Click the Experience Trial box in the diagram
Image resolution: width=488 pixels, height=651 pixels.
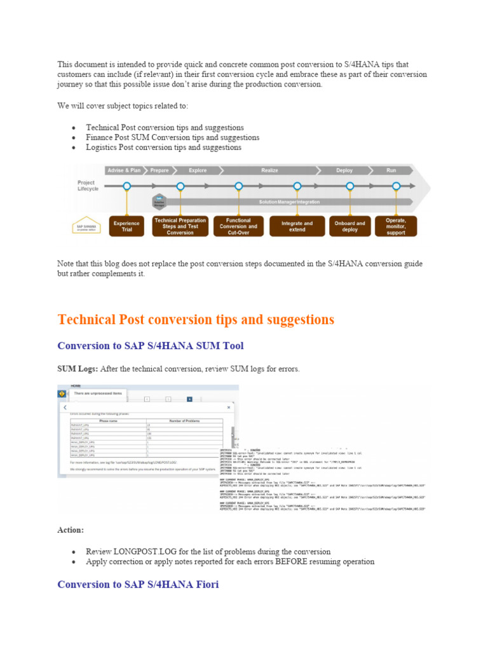click(127, 226)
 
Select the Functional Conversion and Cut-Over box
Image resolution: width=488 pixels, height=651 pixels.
click(238, 226)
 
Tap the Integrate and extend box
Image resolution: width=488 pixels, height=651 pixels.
click(297, 226)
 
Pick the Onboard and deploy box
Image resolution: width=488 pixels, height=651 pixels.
click(349, 226)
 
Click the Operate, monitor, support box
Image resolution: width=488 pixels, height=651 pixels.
click(396, 226)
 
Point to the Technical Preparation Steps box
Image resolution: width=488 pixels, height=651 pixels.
click(180, 226)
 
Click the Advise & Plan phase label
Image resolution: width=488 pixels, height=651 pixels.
click(125, 170)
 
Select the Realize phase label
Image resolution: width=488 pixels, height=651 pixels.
click(269, 170)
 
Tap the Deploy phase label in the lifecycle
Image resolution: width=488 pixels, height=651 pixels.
click(344, 170)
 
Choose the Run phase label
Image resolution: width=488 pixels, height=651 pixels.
click(391, 170)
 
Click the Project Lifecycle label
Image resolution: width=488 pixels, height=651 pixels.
click(88, 186)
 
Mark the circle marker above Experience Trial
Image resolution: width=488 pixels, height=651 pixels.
click(127, 186)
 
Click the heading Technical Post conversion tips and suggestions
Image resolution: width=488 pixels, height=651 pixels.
click(196, 320)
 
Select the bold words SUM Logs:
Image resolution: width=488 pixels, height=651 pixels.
click(78, 369)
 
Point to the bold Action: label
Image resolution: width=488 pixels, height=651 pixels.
click(71, 530)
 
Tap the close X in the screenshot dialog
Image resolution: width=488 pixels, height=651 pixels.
click(229, 407)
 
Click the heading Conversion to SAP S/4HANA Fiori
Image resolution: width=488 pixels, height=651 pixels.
click(138, 584)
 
